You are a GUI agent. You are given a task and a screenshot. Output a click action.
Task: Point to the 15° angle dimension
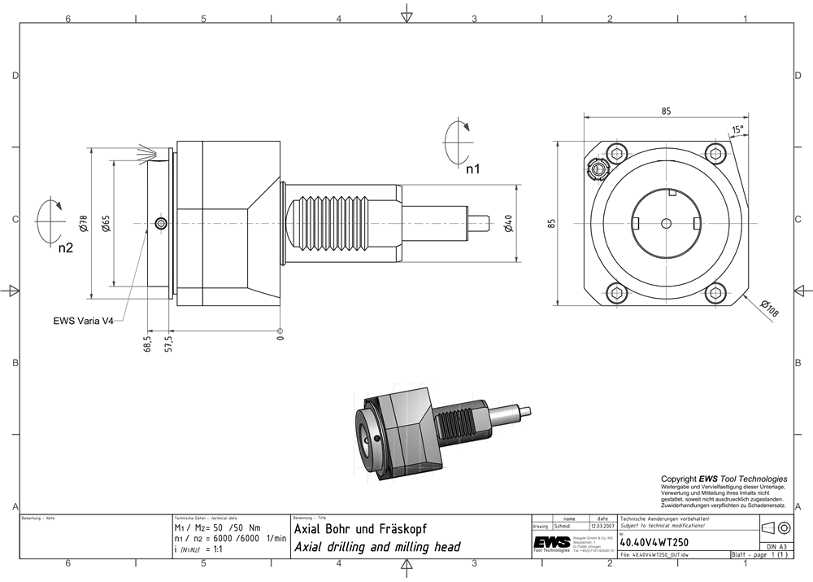737,129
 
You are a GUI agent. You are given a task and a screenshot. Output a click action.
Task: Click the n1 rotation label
473,169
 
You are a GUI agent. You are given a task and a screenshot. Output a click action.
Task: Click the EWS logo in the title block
552,542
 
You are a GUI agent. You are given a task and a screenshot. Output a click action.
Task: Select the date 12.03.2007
602,527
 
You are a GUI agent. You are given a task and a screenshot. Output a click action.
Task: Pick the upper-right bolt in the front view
715,151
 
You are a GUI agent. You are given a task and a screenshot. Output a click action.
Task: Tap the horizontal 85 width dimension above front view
666,112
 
